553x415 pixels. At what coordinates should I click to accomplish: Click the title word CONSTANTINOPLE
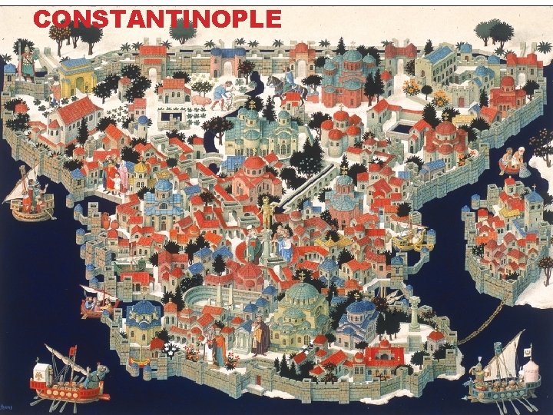click(x=157, y=18)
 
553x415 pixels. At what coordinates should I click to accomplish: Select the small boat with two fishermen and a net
click(x=512, y=161)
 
